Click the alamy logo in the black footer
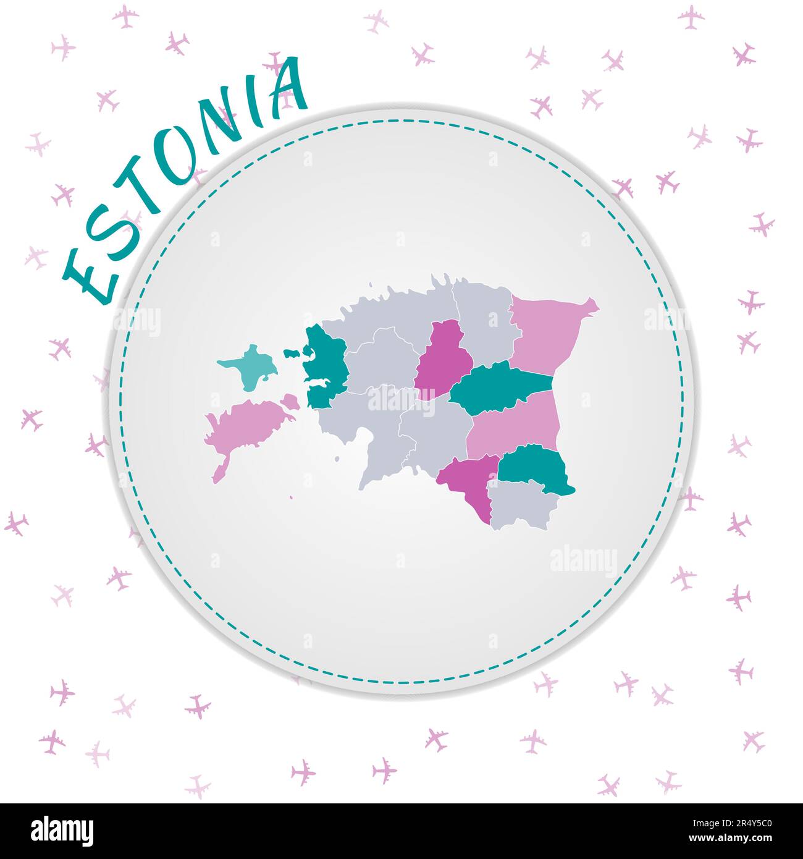pyautogui.click(x=62, y=830)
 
